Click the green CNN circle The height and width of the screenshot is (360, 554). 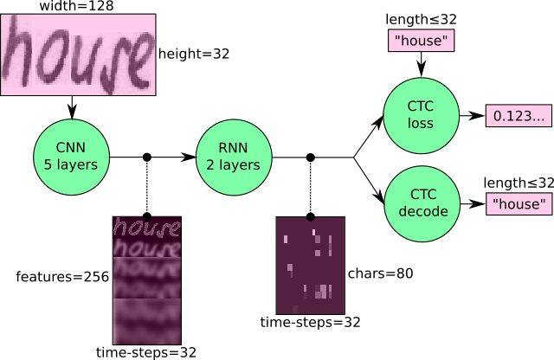[x=71, y=157]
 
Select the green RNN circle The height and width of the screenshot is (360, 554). [x=234, y=157]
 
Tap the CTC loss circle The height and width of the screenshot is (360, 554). [x=421, y=115]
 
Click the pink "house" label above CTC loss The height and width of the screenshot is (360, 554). [x=422, y=41]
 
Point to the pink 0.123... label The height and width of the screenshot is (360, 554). [x=519, y=116]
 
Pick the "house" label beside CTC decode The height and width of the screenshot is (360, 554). [x=519, y=204]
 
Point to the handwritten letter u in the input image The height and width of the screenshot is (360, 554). [x=82, y=59]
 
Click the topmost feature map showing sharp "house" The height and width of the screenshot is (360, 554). [x=147, y=227]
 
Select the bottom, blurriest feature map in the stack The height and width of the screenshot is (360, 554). [x=147, y=321]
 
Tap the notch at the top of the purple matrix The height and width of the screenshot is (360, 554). [x=310, y=218]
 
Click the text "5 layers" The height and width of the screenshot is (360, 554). [x=71, y=164]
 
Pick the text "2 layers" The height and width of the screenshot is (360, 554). [x=234, y=164]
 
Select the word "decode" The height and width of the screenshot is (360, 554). [x=422, y=211]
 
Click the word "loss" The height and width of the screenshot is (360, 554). [x=421, y=123]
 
